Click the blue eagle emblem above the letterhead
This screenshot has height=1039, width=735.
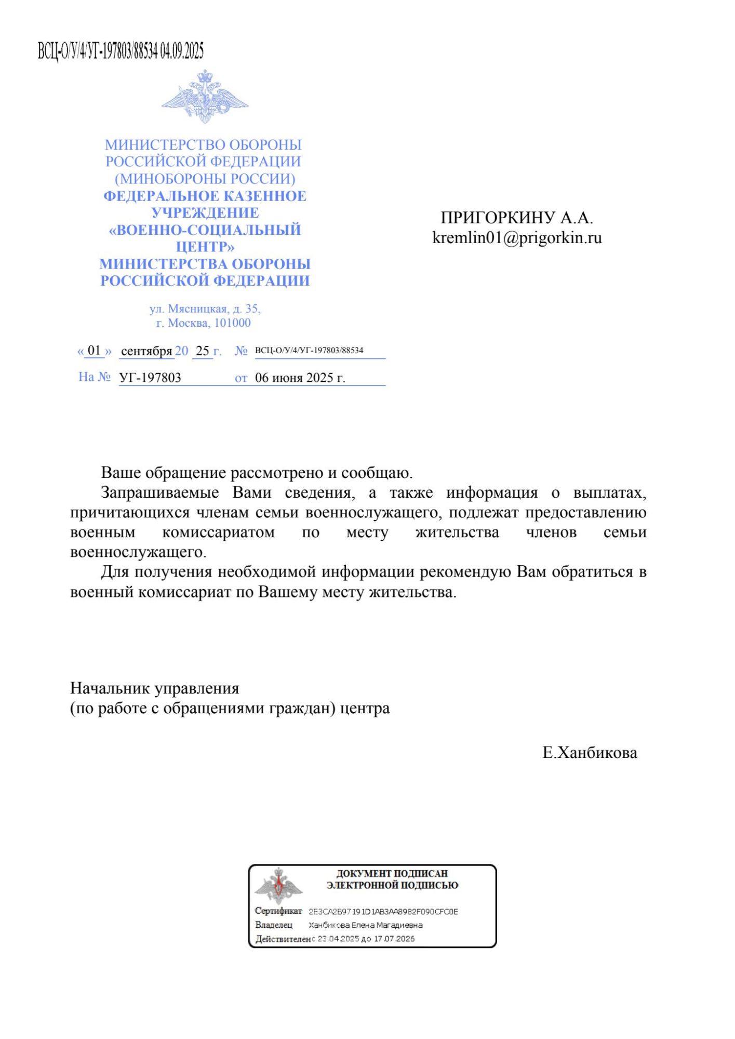pyautogui.click(x=205, y=97)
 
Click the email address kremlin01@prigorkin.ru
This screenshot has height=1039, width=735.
pyautogui.click(x=517, y=237)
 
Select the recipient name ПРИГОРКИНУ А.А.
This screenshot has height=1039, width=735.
pyautogui.click(x=517, y=217)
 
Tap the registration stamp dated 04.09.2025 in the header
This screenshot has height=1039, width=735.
pyautogui.click(x=121, y=51)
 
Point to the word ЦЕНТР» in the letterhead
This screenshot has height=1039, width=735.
pyautogui.click(x=205, y=247)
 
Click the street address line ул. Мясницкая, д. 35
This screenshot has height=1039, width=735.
pyautogui.click(x=205, y=309)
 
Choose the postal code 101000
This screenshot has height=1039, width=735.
pyautogui.click(x=232, y=323)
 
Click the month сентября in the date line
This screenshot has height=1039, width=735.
pyautogui.click(x=146, y=351)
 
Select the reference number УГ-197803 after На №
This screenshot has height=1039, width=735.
pyautogui.click(x=150, y=378)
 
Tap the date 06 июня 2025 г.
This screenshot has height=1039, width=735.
pyautogui.click(x=300, y=378)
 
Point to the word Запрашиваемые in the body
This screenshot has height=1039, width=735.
pyautogui.click(x=159, y=492)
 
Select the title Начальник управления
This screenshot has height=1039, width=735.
pyautogui.click(x=155, y=688)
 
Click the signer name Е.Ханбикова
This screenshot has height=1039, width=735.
pyautogui.click(x=590, y=753)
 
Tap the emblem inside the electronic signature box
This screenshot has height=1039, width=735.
pyautogui.click(x=278, y=886)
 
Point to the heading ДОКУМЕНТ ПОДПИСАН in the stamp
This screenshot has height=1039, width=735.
pyautogui.click(x=392, y=873)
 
